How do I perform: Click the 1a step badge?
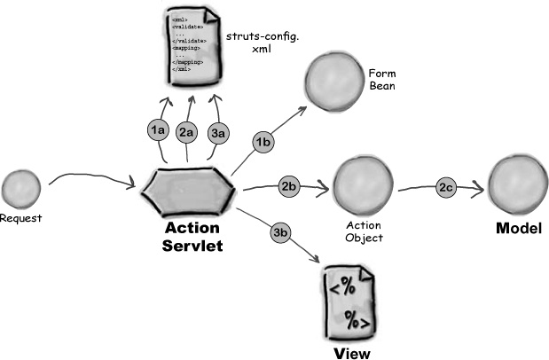pos(158,129)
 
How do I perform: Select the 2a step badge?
pos(187,133)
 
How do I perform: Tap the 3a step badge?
pos(218,133)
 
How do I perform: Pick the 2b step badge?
pos(289,186)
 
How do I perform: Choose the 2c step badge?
pos(445,187)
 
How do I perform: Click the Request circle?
pos(21,191)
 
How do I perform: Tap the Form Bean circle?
pos(330,83)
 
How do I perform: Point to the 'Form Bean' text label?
pos(381,79)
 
